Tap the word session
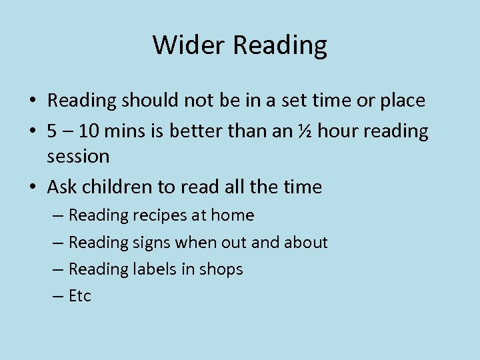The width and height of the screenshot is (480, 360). (x=78, y=157)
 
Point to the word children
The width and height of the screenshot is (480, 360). (x=114, y=187)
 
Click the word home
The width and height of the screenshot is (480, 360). (x=233, y=215)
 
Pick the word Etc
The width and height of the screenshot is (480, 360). (x=80, y=296)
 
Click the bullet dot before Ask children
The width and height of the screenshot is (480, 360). (x=33, y=188)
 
